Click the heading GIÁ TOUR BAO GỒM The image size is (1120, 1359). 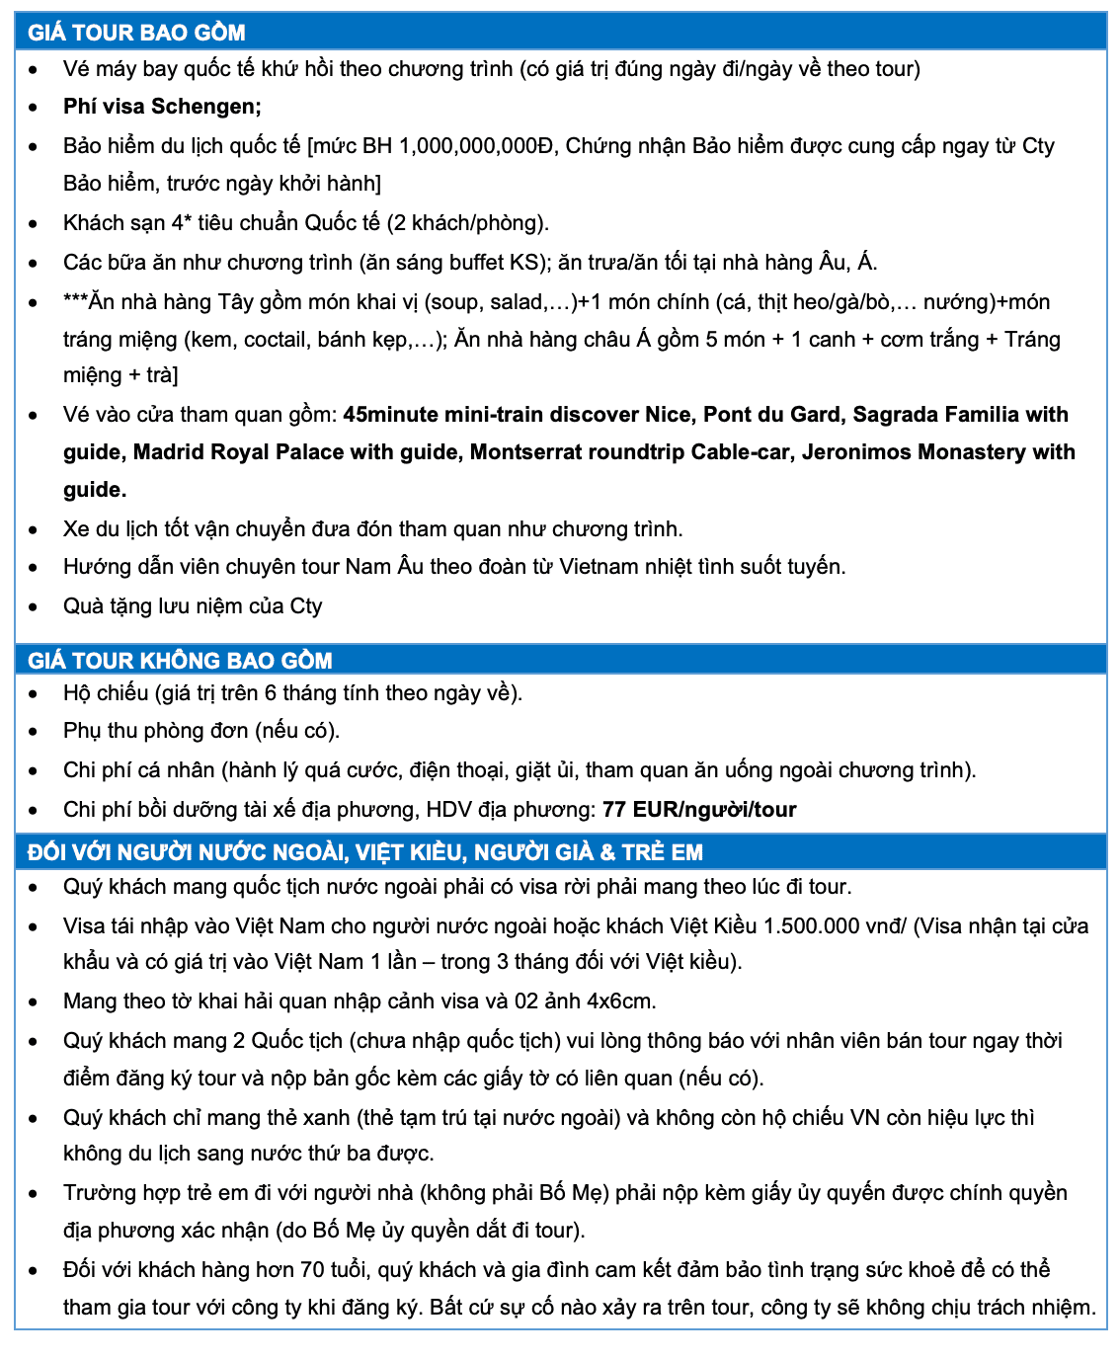pos(136,33)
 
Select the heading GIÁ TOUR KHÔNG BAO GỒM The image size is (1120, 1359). pos(180,660)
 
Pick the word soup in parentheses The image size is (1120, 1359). pos(454,302)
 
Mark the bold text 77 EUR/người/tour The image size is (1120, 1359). pos(699,810)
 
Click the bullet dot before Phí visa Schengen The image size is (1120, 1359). pos(34,108)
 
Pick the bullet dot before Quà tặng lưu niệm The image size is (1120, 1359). pos(34,607)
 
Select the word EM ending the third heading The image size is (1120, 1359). pos(686,852)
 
